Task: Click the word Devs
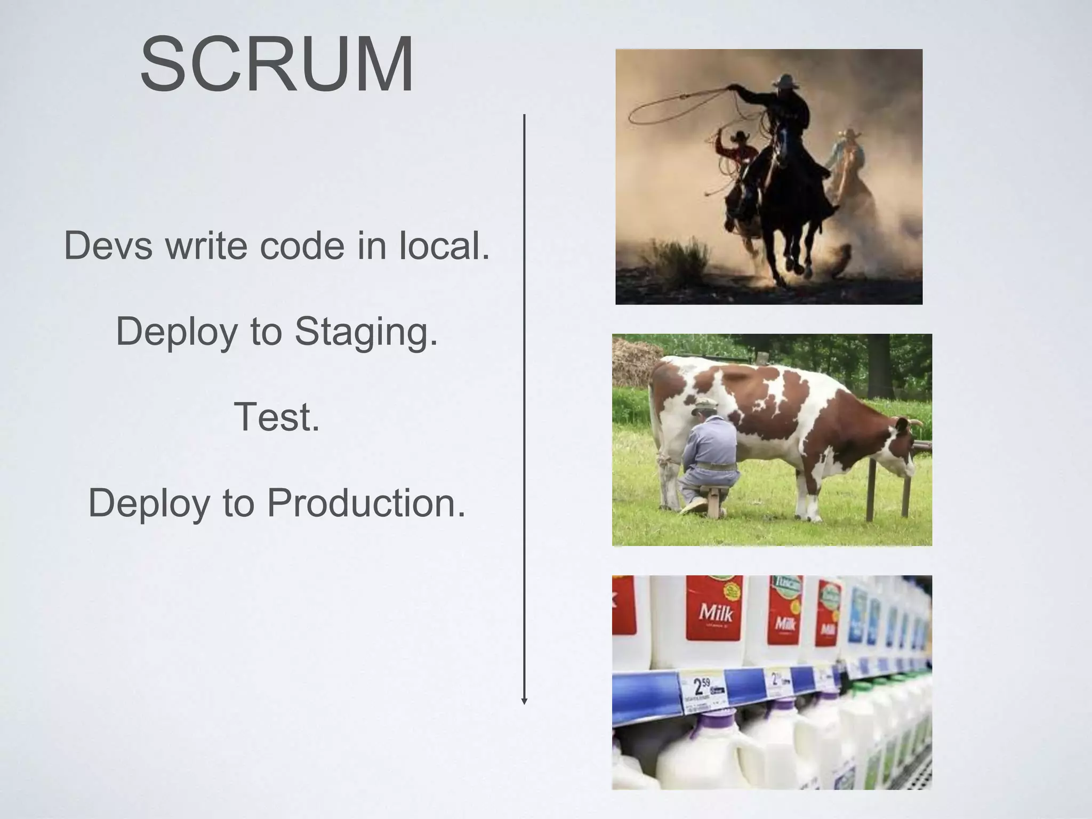pos(107,246)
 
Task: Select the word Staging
pos(366,332)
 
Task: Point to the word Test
pos(277,417)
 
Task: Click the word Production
pos(366,503)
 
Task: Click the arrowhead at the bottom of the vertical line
pos(524,701)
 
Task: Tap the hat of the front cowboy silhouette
pos(784,82)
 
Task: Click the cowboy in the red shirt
pos(738,155)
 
